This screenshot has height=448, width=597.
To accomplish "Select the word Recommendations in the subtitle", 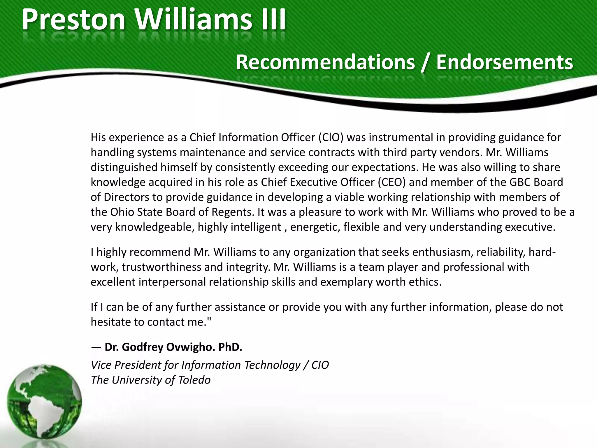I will tap(325, 62).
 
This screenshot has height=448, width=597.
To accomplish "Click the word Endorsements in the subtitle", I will tap(504, 62).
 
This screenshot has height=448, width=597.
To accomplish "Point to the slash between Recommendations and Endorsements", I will tap(425, 63).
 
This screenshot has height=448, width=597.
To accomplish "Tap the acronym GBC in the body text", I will tap(520, 182).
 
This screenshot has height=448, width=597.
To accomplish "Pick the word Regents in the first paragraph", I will tap(233, 212).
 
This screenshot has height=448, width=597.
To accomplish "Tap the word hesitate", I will tap(111, 322).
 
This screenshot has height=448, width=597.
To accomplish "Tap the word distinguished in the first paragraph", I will tap(124, 167).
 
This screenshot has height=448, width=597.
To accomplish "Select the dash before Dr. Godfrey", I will tap(96, 347).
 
